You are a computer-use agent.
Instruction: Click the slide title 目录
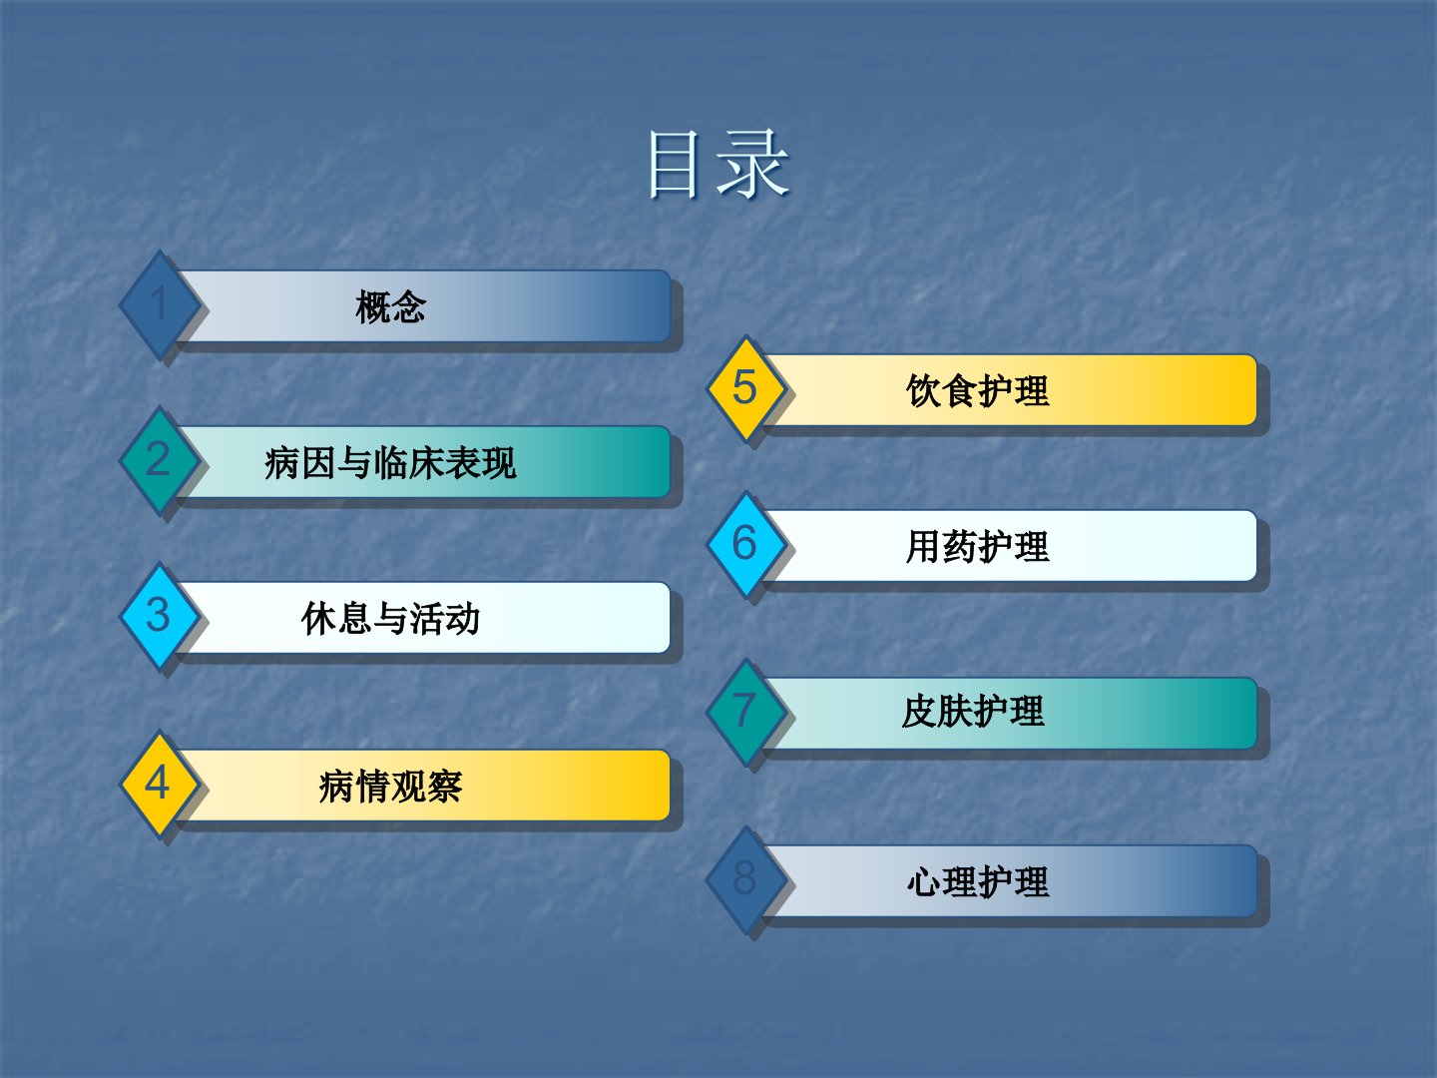pyautogui.click(x=718, y=164)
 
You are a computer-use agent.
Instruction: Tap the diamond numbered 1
pyautogui.click(x=159, y=304)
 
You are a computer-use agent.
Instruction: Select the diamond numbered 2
pyautogui.click(x=159, y=460)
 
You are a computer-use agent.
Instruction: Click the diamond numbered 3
pyautogui.click(x=159, y=616)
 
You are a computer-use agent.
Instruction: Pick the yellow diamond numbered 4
pyautogui.click(x=159, y=784)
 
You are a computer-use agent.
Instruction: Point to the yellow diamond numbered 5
pyautogui.click(x=745, y=388)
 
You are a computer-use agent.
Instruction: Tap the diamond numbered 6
pyautogui.click(x=745, y=544)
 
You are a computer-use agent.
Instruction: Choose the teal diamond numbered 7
pyautogui.click(x=745, y=712)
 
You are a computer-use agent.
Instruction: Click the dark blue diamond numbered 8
pyautogui.click(x=745, y=879)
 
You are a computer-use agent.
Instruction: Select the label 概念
pyautogui.click(x=391, y=306)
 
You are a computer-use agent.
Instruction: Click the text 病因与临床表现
pyautogui.click(x=391, y=463)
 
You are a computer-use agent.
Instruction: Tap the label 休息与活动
pyautogui.click(x=391, y=619)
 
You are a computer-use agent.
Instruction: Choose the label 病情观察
pyautogui.click(x=391, y=787)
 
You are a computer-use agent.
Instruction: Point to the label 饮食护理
pyautogui.click(x=978, y=390)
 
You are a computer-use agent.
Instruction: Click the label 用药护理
pyautogui.click(x=978, y=547)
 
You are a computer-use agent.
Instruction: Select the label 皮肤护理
pyautogui.click(x=974, y=712)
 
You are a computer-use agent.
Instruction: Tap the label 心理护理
pyautogui.click(x=978, y=881)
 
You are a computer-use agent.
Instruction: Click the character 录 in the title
pyautogui.click(x=754, y=164)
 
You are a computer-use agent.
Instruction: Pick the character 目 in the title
pyautogui.click(x=673, y=165)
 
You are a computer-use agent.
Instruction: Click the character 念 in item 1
pyautogui.click(x=409, y=306)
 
